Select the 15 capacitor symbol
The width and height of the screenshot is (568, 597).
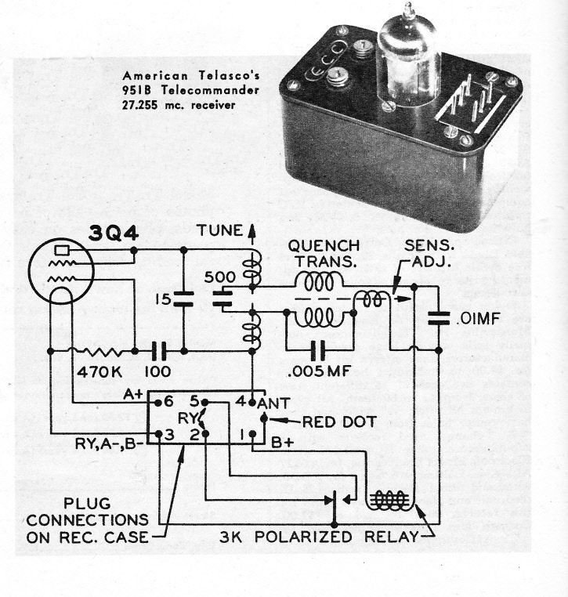(x=183, y=298)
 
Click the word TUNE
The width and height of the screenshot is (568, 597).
(x=220, y=233)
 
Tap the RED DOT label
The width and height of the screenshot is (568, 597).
(x=320, y=422)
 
